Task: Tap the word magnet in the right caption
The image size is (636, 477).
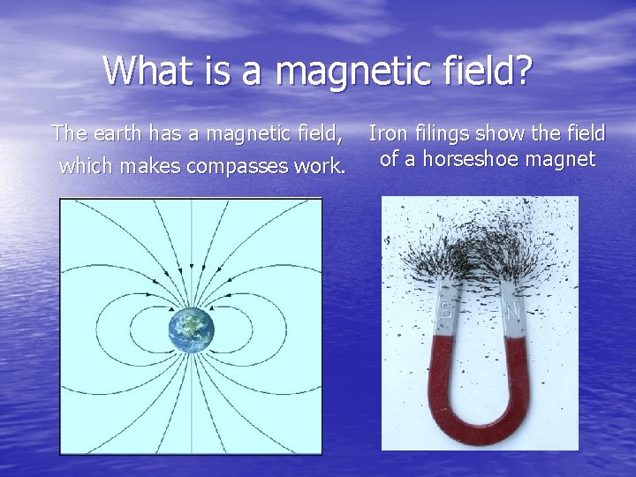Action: (x=565, y=160)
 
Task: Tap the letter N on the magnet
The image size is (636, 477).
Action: (x=511, y=311)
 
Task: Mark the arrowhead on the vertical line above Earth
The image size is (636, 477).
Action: (x=192, y=267)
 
